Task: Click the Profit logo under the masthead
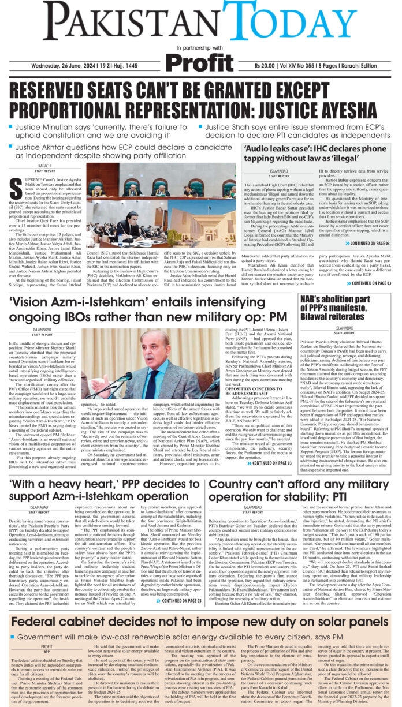[200, 59]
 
